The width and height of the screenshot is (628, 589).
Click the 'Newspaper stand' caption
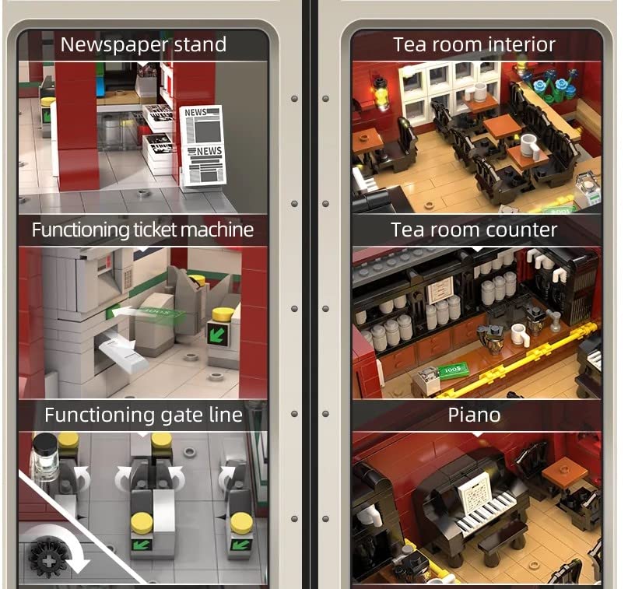[x=143, y=44]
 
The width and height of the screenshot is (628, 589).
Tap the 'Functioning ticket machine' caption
[x=143, y=230]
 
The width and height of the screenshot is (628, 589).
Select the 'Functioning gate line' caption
[x=143, y=415]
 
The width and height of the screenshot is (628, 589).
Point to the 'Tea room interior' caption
[x=474, y=44]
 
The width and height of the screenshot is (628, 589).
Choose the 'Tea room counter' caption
[x=474, y=230]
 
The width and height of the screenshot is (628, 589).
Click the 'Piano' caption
[x=474, y=415]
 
